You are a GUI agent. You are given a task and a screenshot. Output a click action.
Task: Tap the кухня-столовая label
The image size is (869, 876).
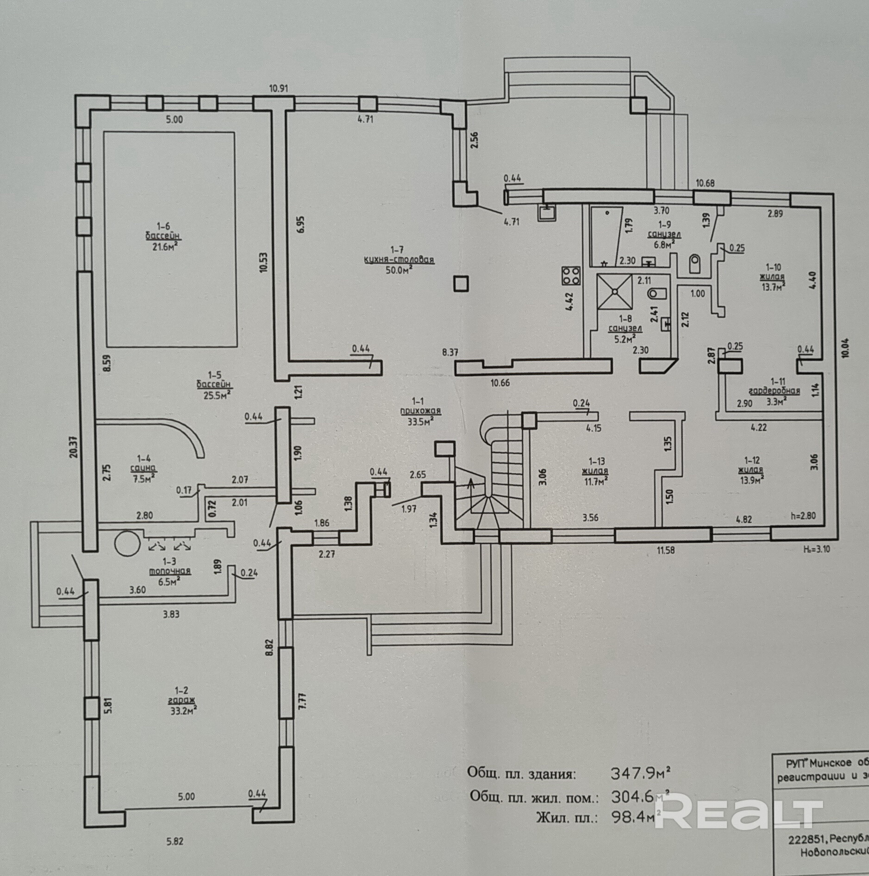399,259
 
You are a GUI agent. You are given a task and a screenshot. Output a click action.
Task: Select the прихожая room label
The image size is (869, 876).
421,410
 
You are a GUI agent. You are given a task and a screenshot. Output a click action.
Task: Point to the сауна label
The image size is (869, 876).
142,467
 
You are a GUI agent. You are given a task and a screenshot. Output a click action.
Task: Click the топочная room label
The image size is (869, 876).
170,571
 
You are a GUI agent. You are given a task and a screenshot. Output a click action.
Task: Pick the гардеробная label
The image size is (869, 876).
774,391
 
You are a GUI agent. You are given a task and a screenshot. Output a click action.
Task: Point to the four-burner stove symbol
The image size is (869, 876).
571,276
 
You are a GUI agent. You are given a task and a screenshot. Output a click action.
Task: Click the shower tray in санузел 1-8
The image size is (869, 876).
614,291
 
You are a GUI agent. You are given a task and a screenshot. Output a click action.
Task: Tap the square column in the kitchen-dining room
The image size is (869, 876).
461,284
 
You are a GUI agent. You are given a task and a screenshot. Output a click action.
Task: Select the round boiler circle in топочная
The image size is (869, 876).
127,543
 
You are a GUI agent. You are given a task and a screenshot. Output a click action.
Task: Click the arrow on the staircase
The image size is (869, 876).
471,485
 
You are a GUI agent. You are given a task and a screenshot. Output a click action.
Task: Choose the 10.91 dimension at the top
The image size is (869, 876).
279,88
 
